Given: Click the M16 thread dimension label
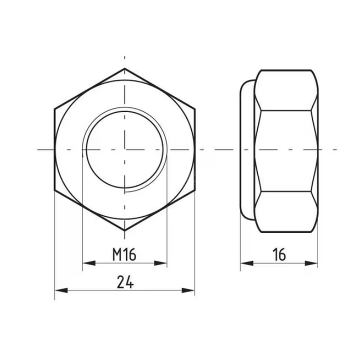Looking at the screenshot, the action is pos(124,255).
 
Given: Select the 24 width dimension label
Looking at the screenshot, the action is pos(125,282).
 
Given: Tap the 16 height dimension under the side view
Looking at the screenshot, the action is pos(279,255).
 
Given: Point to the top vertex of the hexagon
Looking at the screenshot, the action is pos(124,68).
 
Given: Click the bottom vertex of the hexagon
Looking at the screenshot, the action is pos(124,230).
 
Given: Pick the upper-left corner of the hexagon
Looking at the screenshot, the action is pos(54,108).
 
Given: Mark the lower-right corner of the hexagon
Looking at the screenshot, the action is pos(194,190).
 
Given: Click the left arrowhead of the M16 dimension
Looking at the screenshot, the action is pos(88,263).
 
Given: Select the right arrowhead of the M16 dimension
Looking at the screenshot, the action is pos(160,263).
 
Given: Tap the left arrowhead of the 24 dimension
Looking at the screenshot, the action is pos(61,290).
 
